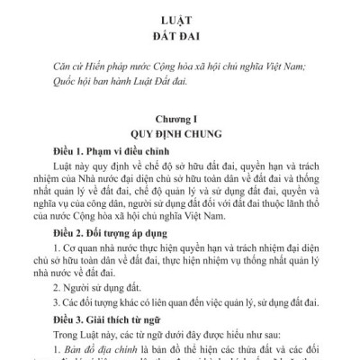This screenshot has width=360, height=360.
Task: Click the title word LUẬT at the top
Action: pyautogui.click(x=180, y=17)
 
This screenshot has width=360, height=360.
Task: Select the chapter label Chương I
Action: pyautogui.click(x=180, y=118)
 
